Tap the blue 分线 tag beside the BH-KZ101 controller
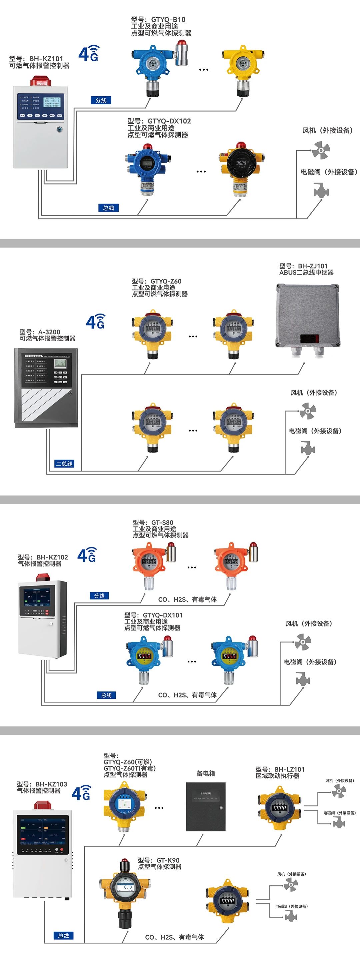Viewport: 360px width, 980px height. (101, 100)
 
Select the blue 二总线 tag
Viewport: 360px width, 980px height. (64, 464)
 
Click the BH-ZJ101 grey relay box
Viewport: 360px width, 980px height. (307, 316)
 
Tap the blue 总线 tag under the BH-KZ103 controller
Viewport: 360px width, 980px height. (64, 935)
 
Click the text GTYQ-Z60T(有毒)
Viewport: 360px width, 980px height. (129, 768)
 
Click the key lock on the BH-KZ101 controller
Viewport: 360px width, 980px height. (59, 129)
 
